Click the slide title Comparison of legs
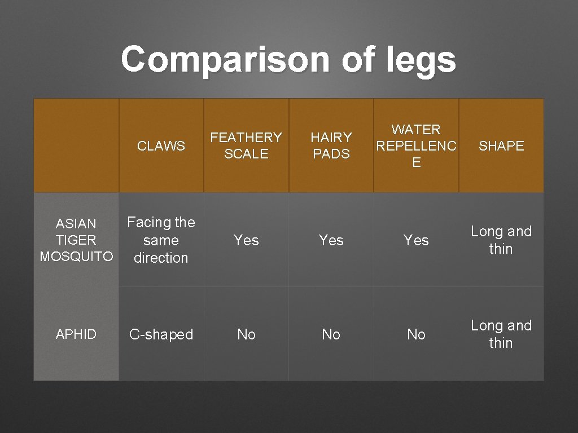(288, 59)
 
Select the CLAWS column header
(161, 145)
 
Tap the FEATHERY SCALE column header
(246, 145)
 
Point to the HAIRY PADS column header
(331, 145)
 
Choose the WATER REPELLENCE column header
(417, 146)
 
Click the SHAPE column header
(501, 145)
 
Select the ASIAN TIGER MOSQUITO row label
(76, 240)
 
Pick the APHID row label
(76, 334)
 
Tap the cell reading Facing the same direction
(161, 240)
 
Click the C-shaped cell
(161, 334)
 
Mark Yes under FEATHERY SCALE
(246, 240)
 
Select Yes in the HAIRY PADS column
(331, 240)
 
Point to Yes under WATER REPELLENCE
(417, 240)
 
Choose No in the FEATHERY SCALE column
(246, 334)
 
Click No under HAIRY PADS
(331, 334)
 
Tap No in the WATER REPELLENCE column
(417, 334)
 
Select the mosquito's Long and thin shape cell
(501, 240)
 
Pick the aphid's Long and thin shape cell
(501, 334)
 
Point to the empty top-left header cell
(76, 145)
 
